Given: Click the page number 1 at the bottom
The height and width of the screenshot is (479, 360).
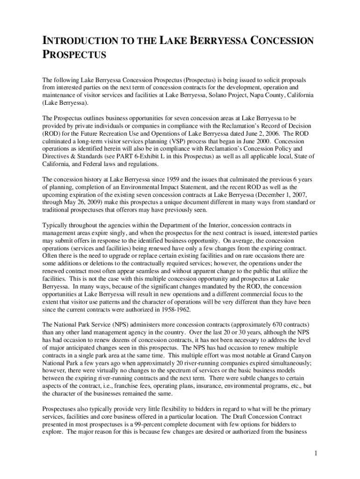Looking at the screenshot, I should pyautogui.click(x=317, y=453).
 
